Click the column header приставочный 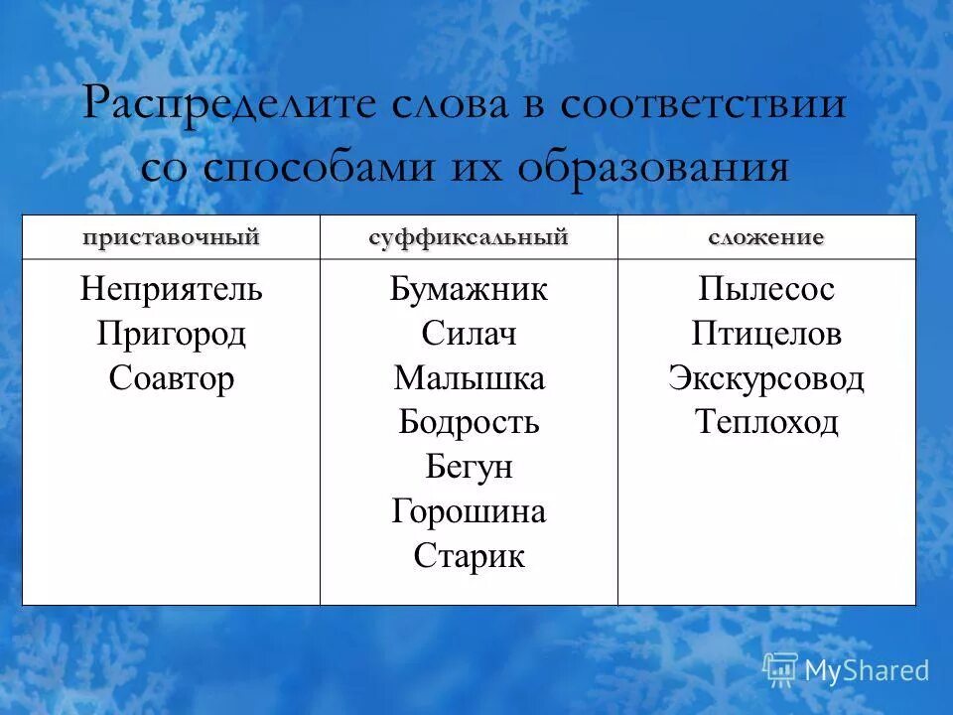pyautogui.click(x=171, y=237)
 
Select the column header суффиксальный pyautogui.click(x=469, y=237)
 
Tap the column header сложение pyautogui.click(x=766, y=237)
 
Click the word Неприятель pyautogui.click(x=171, y=290)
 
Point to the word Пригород pyautogui.click(x=171, y=334)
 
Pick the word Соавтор pyautogui.click(x=171, y=378)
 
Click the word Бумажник pyautogui.click(x=469, y=290)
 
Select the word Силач pyautogui.click(x=469, y=334)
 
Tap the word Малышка pyautogui.click(x=469, y=378)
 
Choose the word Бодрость pyautogui.click(x=469, y=423)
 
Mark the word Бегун pyautogui.click(x=469, y=467)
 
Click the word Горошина pyautogui.click(x=469, y=511)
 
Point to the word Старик pyautogui.click(x=469, y=555)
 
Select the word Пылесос pyautogui.click(x=766, y=290)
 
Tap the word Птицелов pyautogui.click(x=766, y=334)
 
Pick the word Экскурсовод pyautogui.click(x=766, y=378)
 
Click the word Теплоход pyautogui.click(x=766, y=423)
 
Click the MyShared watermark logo pyautogui.click(x=846, y=669)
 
